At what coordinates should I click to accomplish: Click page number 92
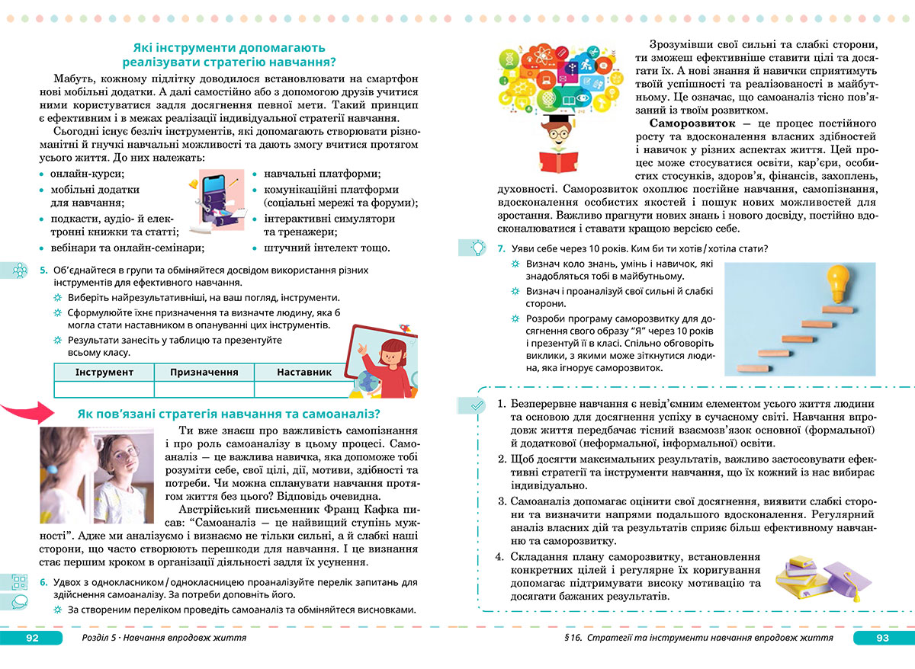point(32,638)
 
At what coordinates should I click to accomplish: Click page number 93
point(883,638)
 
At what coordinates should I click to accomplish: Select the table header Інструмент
point(104,372)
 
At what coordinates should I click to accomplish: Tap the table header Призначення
point(204,372)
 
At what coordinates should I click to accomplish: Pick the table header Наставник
point(304,372)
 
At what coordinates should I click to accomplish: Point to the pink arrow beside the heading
point(26,415)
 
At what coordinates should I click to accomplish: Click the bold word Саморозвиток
point(692,123)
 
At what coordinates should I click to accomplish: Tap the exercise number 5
point(43,270)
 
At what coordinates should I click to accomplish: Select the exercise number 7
point(500,248)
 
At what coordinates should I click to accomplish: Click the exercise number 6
point(43,582)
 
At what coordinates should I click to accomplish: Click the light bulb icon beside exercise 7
point(477,248)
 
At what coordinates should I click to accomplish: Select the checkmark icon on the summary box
point(477,406)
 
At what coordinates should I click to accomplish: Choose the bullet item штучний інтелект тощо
point(326,248)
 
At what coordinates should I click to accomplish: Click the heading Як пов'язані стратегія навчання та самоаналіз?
point(229,415)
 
